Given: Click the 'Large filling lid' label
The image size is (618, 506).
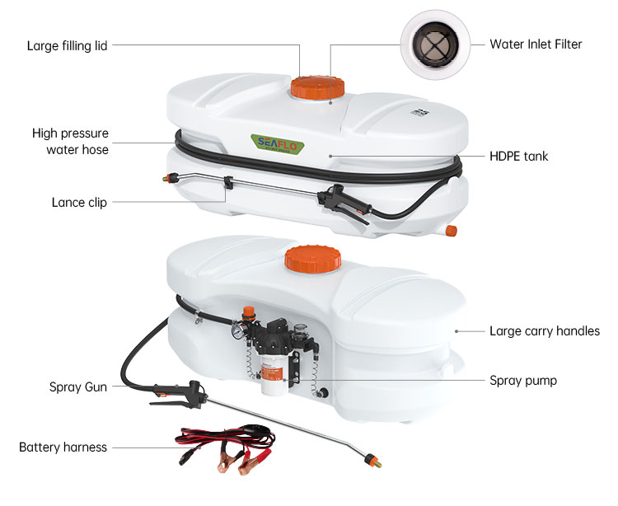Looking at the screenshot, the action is click(67, 45).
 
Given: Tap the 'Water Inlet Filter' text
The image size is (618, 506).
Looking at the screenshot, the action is click(536, 45).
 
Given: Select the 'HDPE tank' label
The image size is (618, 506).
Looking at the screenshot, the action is click(518, 156).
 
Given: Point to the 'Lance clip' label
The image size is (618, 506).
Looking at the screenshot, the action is click(79, 202).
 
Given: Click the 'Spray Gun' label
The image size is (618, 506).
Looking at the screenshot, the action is click(78, 387).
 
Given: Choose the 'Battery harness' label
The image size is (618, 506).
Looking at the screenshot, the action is click(63, 447).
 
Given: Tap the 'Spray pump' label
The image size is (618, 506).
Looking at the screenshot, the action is click(523, 381).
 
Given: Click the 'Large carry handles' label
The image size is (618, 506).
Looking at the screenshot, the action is click(545, 331).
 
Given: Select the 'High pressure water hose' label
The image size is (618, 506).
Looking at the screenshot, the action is click(70, 141).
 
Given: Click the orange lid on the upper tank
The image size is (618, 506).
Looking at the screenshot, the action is click(318, 87).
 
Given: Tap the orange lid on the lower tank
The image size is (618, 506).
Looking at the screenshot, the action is click(313, 259).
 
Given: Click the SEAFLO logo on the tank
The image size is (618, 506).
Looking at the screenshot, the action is click(278, 144).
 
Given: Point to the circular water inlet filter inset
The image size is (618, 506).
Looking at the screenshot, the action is click(435, 45).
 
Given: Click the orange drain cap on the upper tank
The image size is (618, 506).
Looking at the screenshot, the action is click(452, 231).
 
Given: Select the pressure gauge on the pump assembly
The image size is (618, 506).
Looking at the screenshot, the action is click(237, 332).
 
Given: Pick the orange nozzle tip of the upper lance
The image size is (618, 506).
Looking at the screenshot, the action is click(170, 178).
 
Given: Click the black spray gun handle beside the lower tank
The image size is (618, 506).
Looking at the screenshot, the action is click(180, 394).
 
